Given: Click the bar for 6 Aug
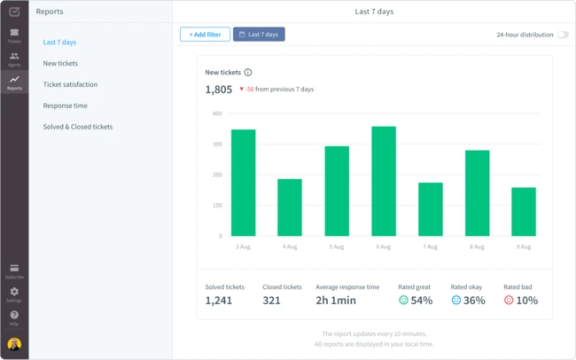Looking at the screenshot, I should coord(384,181).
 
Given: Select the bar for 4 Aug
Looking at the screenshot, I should coord(290,207).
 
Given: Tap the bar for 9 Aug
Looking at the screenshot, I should coord(524,211).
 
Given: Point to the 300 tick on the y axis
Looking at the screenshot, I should coord(217,145).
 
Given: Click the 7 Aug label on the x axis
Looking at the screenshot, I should coord(431,246).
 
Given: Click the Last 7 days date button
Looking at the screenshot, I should coord(259,35).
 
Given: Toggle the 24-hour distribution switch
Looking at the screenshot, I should coord(562,35).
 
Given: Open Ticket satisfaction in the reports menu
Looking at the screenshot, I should coord(70,84).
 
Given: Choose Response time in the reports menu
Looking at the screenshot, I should coord(65,106).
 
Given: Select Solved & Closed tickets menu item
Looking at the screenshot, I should coord(78,127).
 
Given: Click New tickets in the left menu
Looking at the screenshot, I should coord(60,63).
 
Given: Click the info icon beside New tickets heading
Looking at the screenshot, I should coord(248,73).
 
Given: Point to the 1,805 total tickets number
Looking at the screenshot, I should coord(219,90).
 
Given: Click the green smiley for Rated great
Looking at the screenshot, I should coord(403,301).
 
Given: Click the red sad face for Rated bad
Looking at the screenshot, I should coord(509,301).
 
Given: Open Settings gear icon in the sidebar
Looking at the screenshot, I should coord(14,292).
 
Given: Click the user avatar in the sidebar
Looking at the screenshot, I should coord(14,344).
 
